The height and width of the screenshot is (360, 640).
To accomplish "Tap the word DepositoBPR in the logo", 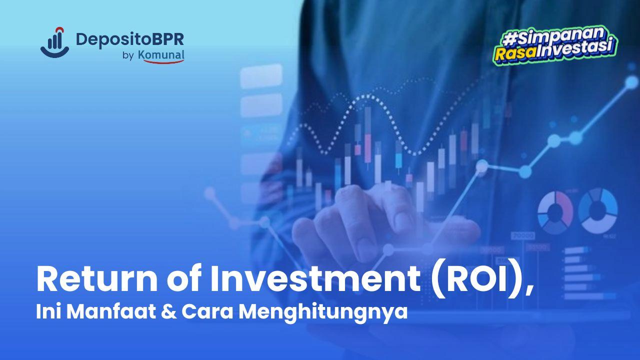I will pos(129,39).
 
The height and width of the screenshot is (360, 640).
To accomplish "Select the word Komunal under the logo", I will pos(161,55).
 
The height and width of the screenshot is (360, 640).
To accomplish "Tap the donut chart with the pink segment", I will pos(555,210).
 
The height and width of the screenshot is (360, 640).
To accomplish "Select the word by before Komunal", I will pos(127,55).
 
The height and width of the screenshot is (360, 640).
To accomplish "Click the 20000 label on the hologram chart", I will pos(522,235).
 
